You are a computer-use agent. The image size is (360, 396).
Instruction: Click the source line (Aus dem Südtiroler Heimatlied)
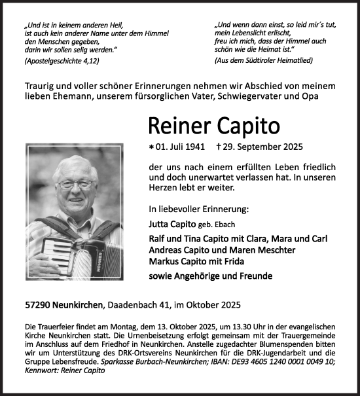click(x=264, y=60)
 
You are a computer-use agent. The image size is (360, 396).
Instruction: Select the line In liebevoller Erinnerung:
click(x=190, y=209)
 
